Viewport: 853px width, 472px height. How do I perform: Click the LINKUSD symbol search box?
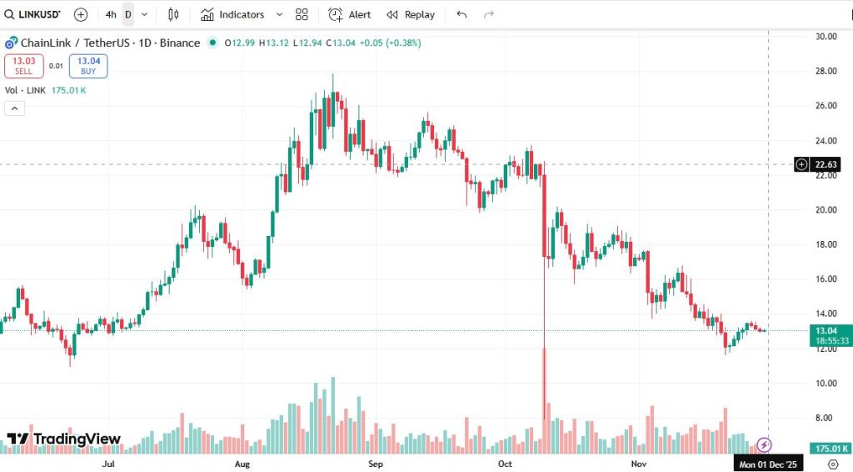pyautogui.click(x=32, y=14)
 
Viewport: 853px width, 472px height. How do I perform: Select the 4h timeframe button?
pyautogui.click(x=111, y=14)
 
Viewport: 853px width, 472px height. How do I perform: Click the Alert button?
pyautogui.click(x=350, y=14)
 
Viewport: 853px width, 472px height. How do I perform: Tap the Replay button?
pyautogui.click(x=411, y=14)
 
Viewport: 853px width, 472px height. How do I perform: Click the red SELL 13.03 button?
pyautogui.click(x=23, y=65)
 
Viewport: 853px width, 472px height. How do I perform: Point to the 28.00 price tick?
pyautogui.click(x=826, y=71)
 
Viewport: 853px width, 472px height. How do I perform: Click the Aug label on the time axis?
pyautogui.click(x=242, y=463)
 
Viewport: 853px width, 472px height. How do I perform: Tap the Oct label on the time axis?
pyautogui.click(x=505, y=463)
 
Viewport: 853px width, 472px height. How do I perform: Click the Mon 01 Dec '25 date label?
pyautogui.click(x=769, y=464)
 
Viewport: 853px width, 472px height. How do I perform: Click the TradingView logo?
pyautogui.click(x=64, y=439)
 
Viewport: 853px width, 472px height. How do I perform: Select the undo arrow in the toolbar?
pyautogui.click(x=462, y=14)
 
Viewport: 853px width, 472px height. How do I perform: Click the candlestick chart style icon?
pyautogui.click(x=173, y=14)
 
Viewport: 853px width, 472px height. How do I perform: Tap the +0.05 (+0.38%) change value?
pyautogui.click(x=390, y=43)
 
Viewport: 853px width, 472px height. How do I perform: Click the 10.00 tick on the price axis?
pyautogui.click(x=826, y=383)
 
